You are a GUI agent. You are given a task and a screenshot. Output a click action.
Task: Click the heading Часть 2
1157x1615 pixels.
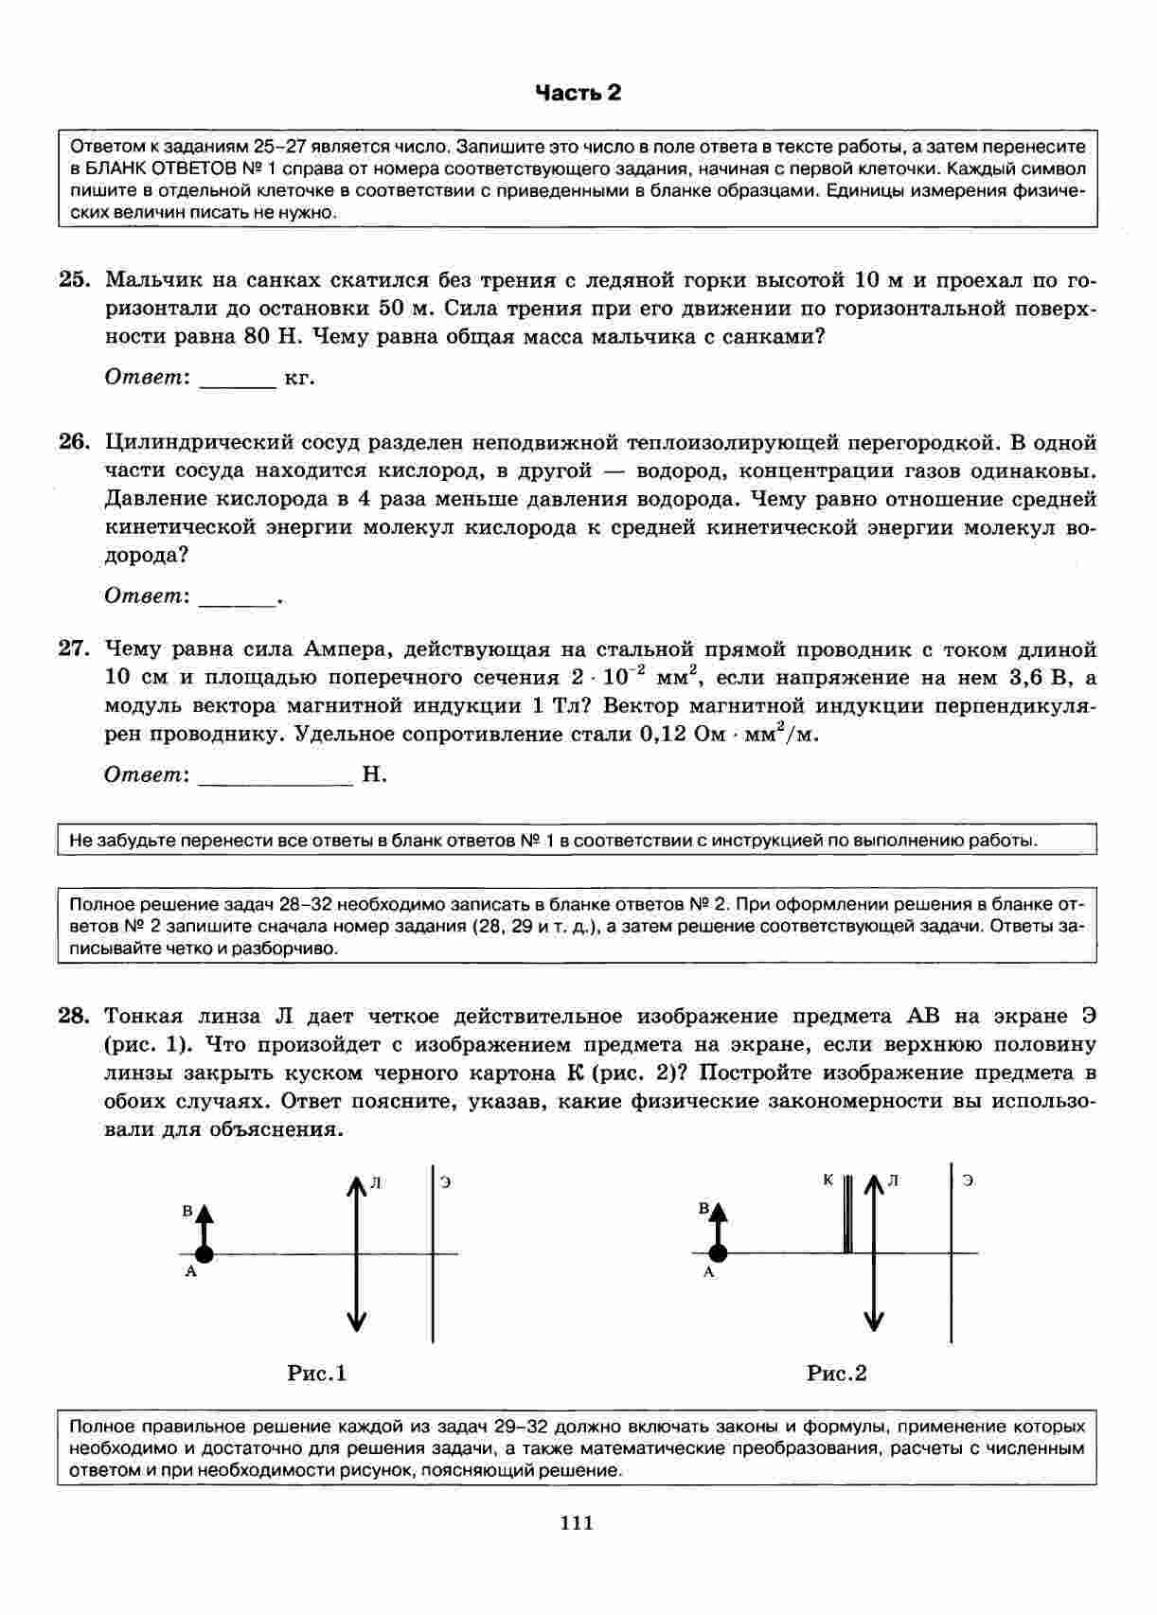(578, 93)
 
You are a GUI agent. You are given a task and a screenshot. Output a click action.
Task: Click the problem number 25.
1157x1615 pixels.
(74, 280)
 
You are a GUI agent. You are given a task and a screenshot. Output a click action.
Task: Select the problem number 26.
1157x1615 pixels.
(74, 442)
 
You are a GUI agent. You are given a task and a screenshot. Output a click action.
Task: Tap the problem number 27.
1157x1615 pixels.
(74, 649)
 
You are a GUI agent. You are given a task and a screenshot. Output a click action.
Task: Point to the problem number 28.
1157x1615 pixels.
(74, 1017)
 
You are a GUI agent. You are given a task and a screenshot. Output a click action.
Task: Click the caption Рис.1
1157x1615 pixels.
(317, 1373)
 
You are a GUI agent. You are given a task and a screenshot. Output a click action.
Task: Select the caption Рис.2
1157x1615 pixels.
(837, 1373)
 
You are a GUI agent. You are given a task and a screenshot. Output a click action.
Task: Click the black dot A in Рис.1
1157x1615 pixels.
(204, 1254)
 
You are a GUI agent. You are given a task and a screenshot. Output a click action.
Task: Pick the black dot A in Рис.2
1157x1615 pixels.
(719, 1254)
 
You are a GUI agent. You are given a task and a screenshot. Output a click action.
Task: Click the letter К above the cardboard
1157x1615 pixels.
(828, 1180)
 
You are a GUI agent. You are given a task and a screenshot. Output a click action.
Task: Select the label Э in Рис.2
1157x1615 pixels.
(968, 1180)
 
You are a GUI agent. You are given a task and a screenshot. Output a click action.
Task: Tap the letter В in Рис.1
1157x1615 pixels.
(187, 1211)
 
